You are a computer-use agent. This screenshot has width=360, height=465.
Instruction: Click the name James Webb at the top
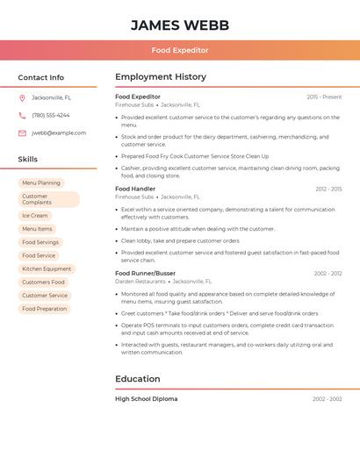pos(180,25)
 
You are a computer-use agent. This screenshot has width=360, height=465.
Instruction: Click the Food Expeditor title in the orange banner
pos(180,51)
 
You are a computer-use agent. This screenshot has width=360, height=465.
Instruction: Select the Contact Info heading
pos(41,77)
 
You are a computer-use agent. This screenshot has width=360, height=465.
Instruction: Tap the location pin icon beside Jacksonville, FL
pos(22,97)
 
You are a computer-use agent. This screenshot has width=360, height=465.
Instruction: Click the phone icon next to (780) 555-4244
pos(22,115)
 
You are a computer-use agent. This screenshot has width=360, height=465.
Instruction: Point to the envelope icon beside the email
pos(22,133)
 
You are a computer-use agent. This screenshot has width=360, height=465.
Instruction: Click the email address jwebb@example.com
pos(59,133)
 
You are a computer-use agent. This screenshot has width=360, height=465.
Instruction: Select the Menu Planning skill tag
pos(41,183)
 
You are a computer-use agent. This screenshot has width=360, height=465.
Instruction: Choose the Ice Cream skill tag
pos(35,216)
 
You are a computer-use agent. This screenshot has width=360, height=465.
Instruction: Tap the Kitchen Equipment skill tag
pos(47,269)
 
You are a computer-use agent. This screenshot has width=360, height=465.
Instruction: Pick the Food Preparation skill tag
pos(44,309)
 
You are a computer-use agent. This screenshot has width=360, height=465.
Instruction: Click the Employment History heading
pos(161,77)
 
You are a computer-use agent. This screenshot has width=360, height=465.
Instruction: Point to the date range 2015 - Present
pos(324,97)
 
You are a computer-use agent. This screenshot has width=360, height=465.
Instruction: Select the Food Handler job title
pos(135,189)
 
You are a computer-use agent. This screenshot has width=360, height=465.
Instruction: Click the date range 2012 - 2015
pos(328,189)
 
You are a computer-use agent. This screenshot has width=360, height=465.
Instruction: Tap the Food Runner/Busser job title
pos(145,273)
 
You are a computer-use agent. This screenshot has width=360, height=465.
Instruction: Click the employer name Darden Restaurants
pos(140,282)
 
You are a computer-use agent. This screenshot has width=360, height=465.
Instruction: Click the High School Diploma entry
pos(146,399)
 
